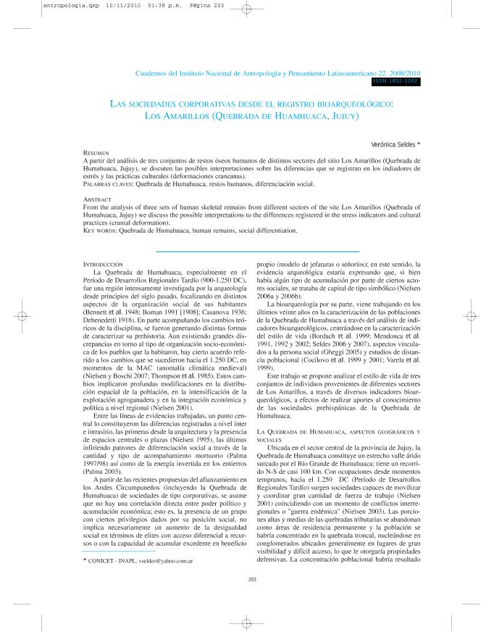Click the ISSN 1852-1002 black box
[x=395, y=82]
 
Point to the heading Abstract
[x=97, y=199]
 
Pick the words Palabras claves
[x=108, y=184]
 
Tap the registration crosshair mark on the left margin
[x=23, y=316]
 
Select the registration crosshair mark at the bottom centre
[x=246, y=623]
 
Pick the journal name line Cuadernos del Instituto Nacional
[x=278, y=74]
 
